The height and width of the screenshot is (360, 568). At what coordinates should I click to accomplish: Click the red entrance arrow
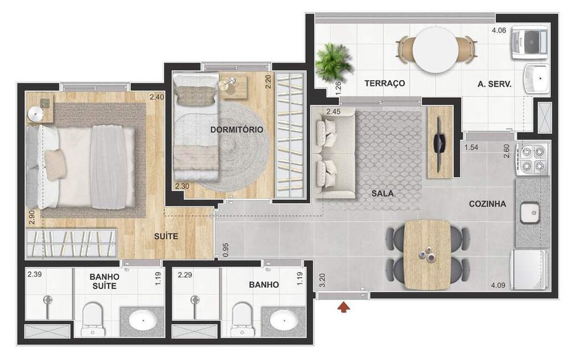tap(343, 308)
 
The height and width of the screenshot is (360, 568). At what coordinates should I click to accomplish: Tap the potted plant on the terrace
tap(333, 62)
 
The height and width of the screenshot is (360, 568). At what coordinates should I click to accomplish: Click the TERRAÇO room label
tap(385, 83)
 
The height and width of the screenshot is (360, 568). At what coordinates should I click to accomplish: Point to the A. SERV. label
tap(494, 83)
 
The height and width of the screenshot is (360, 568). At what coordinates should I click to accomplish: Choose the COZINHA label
tap(487, 204)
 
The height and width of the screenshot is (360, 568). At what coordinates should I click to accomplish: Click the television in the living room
tap(439, 142)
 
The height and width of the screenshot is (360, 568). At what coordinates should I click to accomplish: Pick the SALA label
tap(382, 194)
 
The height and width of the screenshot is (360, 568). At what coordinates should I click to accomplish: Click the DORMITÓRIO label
tap(237, 129)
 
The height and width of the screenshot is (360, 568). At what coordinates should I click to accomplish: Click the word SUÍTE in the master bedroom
tap(165, 236)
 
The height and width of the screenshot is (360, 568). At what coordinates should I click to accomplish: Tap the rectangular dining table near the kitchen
tap(428, 254)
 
